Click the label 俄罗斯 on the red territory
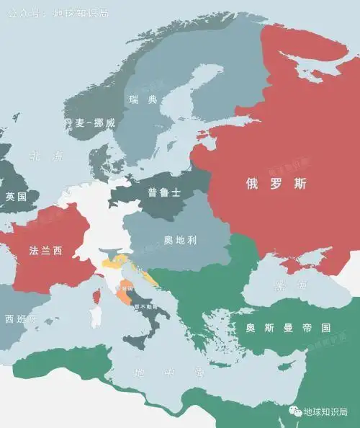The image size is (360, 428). click(276, 184)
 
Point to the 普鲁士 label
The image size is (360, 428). click(162, 192)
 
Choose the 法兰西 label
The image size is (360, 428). click(45, 251)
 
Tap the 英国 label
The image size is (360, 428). click(15, 197)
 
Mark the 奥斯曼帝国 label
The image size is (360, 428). click(287, 328)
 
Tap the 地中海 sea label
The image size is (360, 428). click(160, 373)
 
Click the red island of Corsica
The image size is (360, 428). click(96, 296)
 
